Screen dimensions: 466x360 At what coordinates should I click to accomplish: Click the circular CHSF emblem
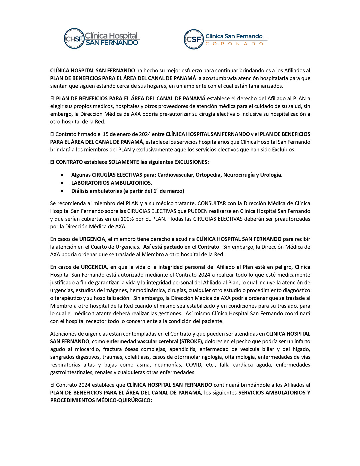74,39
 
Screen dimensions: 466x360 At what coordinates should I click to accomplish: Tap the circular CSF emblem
194,39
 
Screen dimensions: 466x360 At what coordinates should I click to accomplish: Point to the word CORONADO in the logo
234,44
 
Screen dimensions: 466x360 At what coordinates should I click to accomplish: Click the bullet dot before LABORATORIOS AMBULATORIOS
62,183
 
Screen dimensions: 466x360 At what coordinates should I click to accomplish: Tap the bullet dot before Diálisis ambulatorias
62,191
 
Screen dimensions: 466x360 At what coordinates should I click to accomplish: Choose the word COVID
194,365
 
